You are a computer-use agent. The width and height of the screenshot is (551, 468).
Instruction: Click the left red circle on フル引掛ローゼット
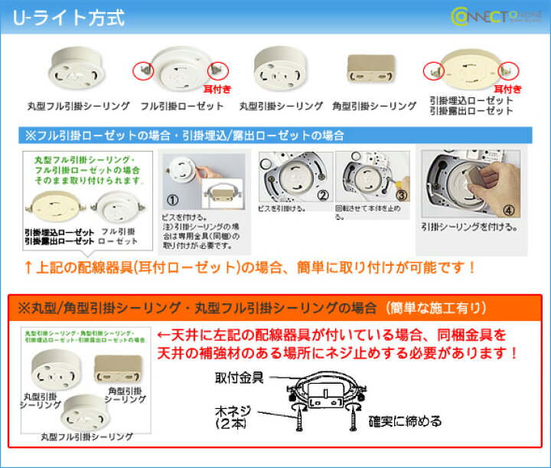142,70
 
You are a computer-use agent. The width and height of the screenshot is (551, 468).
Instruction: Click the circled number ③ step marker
401,196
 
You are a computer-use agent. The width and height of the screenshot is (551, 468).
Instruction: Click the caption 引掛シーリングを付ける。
469,227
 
